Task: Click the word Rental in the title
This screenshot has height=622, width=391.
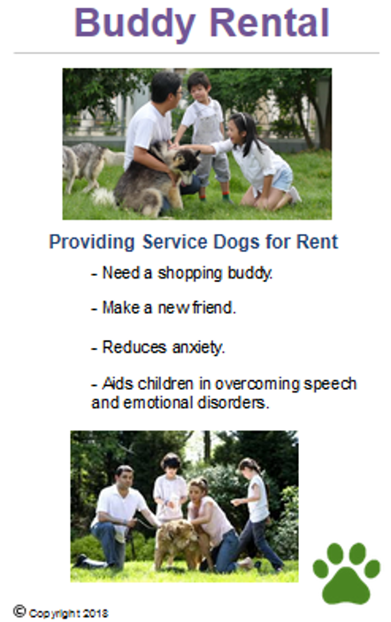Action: (270, 22)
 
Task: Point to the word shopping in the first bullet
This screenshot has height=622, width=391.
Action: (189, 273)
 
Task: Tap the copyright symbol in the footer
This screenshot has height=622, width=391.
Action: (19, 611)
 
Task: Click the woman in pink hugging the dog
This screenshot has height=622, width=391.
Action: (215, 525)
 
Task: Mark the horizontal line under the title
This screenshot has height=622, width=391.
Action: (196, 53)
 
